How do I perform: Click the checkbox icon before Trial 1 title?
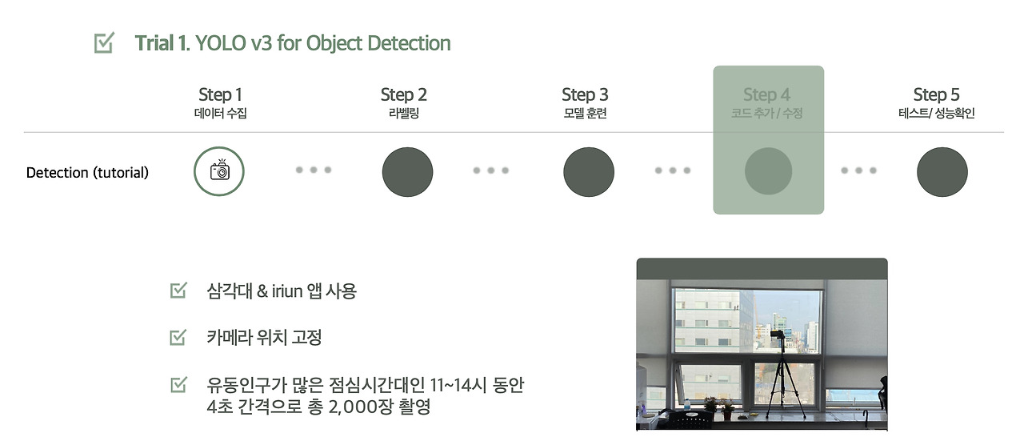pos(104,43)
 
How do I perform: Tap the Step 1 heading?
pos(220,94)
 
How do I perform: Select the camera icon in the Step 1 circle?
pos(219,171)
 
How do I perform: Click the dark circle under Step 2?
pos(407,172)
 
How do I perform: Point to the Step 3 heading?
pos(585,94)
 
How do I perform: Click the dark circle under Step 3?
pos(589,172)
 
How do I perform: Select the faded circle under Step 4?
pos(768,171)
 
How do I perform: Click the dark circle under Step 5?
pos(942,172)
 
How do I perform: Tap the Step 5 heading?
pos(936,94)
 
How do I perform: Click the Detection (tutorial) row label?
pos(87,173)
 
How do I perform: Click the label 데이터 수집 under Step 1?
pos(220,114)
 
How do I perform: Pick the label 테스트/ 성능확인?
pos(936,114)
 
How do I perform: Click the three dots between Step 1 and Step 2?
pos(313,170)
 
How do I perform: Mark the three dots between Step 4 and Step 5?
pos(859,170)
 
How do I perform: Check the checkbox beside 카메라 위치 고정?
pos(178,338)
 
